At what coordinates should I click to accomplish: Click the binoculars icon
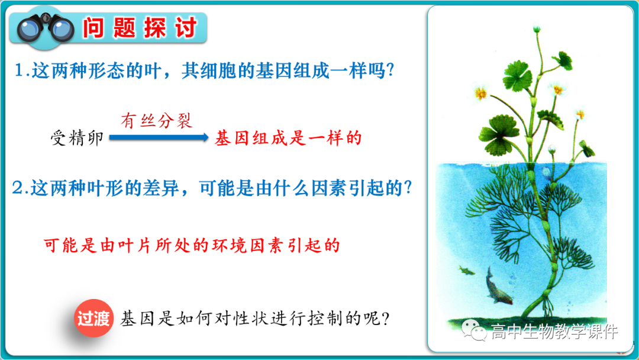(x=45, y=28)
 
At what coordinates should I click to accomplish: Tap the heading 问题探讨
(x=140, y=28)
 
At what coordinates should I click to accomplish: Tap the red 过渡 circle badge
(x=93, y=319)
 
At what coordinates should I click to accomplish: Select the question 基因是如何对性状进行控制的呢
(x=254, y=319)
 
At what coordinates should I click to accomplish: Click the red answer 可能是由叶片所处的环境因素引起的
(x=192, y=245)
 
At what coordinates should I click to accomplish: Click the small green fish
(x=467, y=270)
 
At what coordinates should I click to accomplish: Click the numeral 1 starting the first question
(x=20, y=71)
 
